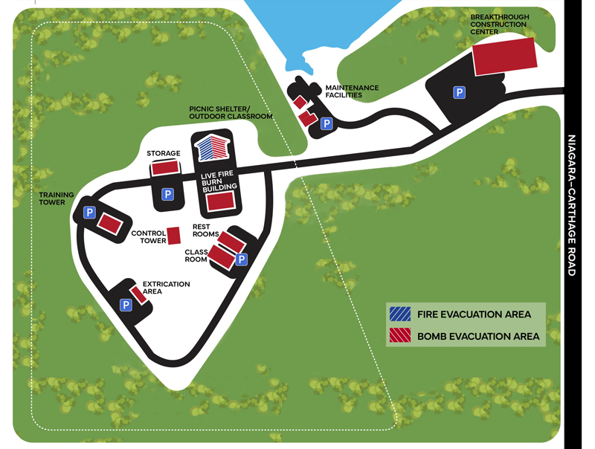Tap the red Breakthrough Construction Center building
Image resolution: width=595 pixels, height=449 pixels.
pyautogui.click(x=505, y=56)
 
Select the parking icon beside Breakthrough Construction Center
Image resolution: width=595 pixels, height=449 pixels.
pyautogui.click(x=460, y=93)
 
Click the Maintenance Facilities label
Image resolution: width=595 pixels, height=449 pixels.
pyautogui.click(x=352, y=91)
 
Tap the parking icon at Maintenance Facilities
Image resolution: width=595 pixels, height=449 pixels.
pyautogui.click(x=326, y=124)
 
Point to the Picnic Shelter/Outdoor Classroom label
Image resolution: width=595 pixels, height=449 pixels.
pyautogui.click(x=231, y=112)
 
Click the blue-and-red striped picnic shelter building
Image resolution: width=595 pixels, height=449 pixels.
pyautogui.click(x=211, y=146)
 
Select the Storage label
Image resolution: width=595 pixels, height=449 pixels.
pyautogui.click(x=164, y=154)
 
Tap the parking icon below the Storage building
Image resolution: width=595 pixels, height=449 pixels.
pyautogui.click(x=168, y=195)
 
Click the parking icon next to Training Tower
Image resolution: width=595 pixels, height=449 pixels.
pyautogui.click(x=89, y=213)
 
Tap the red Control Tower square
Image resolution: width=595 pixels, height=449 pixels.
pyautogui.click(x=175, y=236)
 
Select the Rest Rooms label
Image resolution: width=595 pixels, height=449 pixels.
pyautogui.click(x=205, y=230)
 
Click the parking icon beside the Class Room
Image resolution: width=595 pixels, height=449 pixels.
pyautogui.click(x=240, y=259)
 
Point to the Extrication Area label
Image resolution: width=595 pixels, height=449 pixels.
pyautogui.click(x=166, y=288)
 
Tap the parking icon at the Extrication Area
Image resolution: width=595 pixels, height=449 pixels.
pyautogui.click(x=126, y=305)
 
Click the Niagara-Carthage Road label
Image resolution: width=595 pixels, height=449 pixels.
pyautogui.click(x=572, y=205)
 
